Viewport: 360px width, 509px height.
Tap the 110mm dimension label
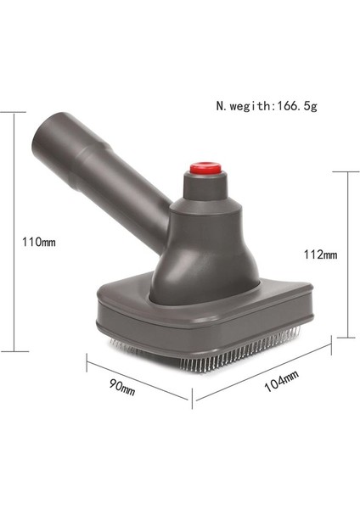point(38,242)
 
